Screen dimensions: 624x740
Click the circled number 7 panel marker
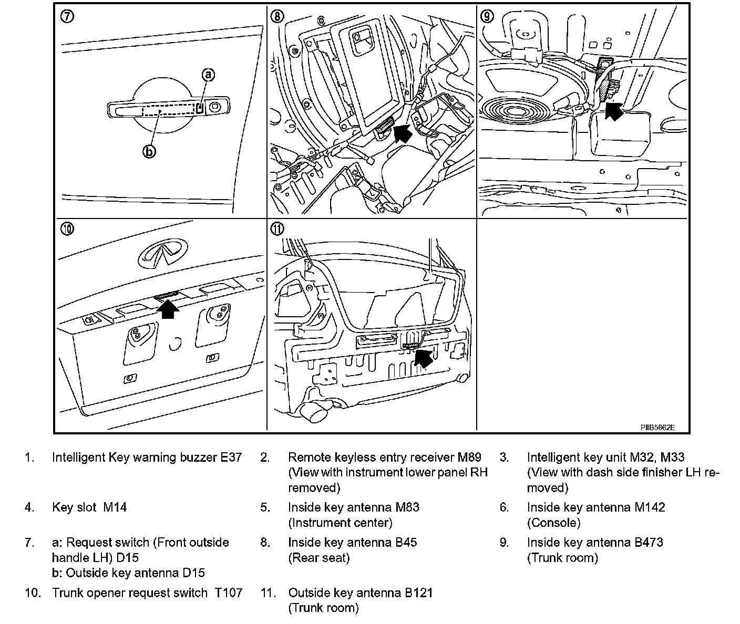(x=67, y=16)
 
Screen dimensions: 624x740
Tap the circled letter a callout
(x=208, y=75)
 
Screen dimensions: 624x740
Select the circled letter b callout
(x=150, y=152)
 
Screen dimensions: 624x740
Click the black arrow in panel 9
(x=613, y=111)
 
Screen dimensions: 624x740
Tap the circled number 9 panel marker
(x=488, y=16)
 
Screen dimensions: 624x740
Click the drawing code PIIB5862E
(x=657, y=427)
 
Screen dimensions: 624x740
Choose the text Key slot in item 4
(x=74, y=507)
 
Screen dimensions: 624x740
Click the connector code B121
(x=418, y=593)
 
